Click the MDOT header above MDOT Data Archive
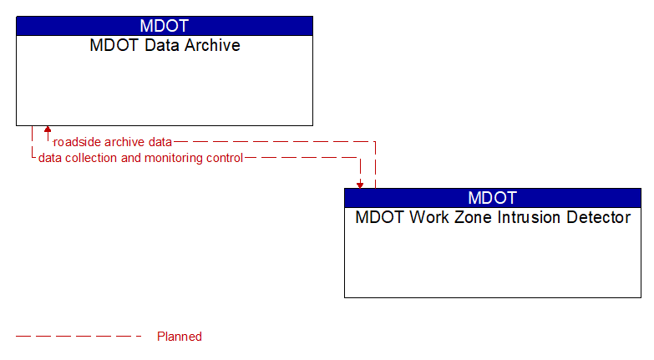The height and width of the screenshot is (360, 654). pyautogui.click(x=165, y=26)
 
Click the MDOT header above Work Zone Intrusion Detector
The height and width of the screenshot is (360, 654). pyautogui.click(x=493, y=198)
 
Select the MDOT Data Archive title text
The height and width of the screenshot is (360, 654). pyautogui.click(x=165, y=46)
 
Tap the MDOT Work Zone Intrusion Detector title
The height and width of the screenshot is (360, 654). pyautogui.click(x=493, y=218)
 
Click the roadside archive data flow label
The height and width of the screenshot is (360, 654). pyautogui.click(x=113, y=142)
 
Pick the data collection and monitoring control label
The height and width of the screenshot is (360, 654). pyautogui.click(x=140, y=158)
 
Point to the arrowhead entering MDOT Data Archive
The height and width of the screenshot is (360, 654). pyautogui.click(x=48, y=130)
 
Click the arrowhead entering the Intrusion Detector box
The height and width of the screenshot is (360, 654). pyautogui.click(x=360, y=184)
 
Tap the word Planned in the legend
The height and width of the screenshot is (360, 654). pyautogui.click(x=180, y=337)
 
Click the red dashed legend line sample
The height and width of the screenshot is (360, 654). pyautogui.click(x=79, y=337)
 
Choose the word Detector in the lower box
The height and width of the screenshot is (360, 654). pyautogui.click(x=601, y=218)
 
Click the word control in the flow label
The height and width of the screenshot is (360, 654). pyautogui.click(x=224, y=158)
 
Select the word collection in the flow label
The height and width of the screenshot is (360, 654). pyautogui.click(x=93, y=158)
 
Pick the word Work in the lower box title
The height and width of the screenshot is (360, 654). pyautogui.click(x=438, y=218)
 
